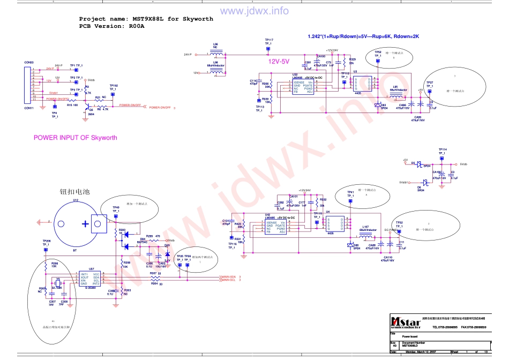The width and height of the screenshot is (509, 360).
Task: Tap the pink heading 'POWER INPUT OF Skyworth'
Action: pyautogui.click(x=76, y=138)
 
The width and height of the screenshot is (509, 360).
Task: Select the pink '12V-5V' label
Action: pyautogui.click(x=279, y=62)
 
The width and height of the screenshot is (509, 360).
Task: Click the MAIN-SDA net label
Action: pyautogui.click(x=229, y=276)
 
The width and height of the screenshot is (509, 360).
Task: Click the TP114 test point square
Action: pyautogui.click(x=442, y=160)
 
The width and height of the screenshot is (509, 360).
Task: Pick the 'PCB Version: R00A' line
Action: pyautogui.click(x=112, y=26)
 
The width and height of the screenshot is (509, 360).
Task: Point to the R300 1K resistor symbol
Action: pyautogui.click(x=117, y=231)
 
